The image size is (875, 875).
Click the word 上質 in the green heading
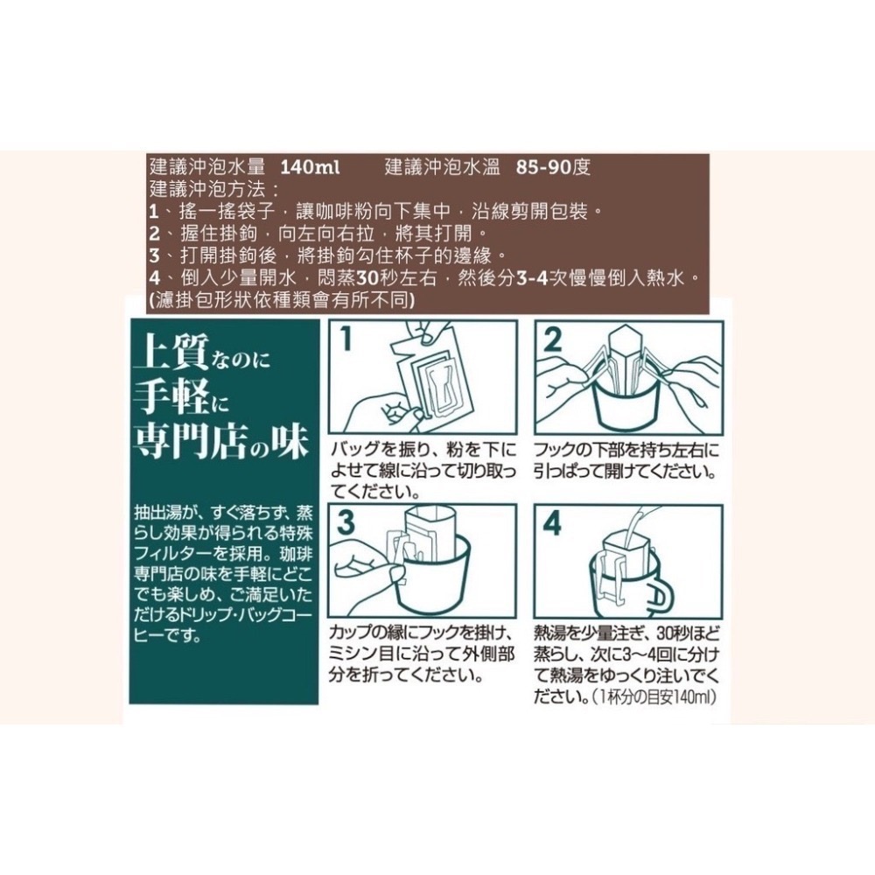(x=171, y=355)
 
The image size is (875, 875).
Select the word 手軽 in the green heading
(x=170, y=399)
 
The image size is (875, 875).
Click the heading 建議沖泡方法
(x=209, y=189)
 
